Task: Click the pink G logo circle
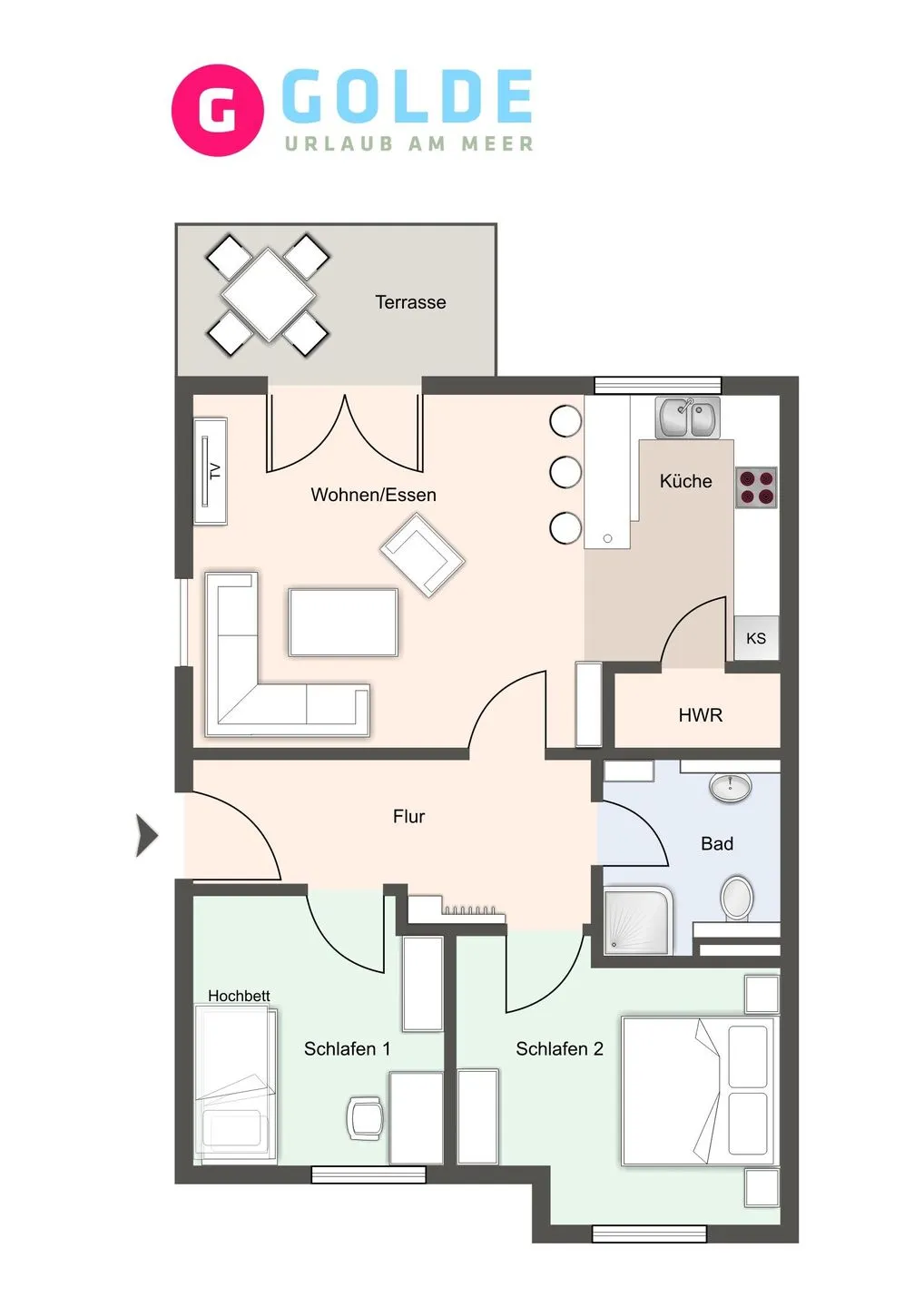tap(218, 110)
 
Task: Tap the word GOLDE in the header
tap(407, 97)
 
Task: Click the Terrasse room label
tap(410, 302)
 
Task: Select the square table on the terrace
tap(268, 295)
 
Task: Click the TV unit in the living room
tap(210, 470)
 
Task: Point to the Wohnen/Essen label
tap(373, 495)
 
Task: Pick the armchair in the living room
tap(422, 554)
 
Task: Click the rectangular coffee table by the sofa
tap(343, 622)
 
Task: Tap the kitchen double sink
tap(688, 418)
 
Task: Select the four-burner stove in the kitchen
tap(756, 487)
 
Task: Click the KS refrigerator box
tap(756, 638)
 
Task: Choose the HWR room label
tap(700, 715)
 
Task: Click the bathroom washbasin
tap(730, 786)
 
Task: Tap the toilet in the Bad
tap(737, 898)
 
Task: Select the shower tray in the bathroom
tap(637, 920)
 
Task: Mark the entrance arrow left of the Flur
tap(146, 835)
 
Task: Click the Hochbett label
tap(239, 996)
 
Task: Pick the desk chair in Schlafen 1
tap(365, 1117)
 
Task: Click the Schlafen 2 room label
tap(559, 1048)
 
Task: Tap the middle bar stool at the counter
tap(565, 472)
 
